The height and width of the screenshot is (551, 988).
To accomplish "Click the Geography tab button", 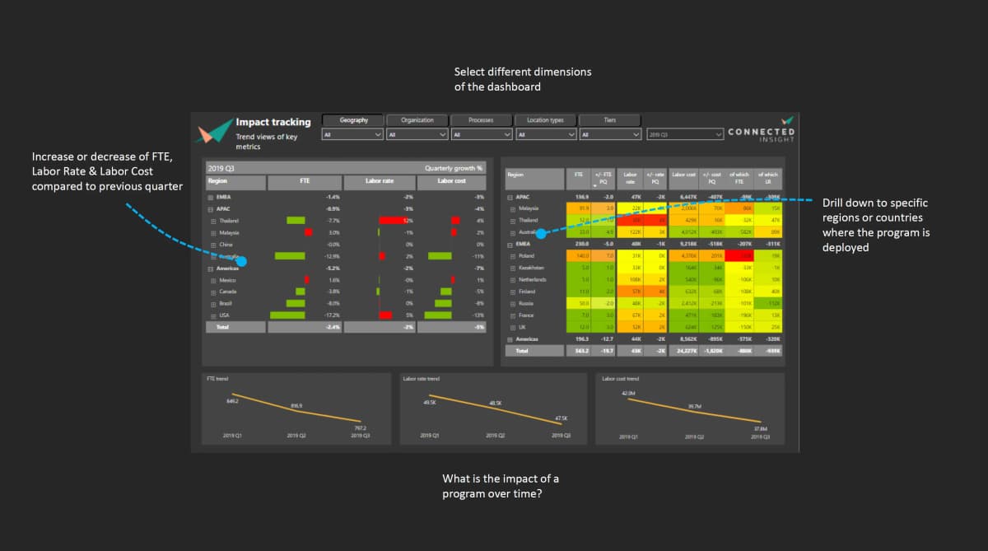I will point(352,120).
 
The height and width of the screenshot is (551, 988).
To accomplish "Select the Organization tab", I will point(417,120).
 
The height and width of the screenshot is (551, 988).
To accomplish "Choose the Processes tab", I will point(482,120).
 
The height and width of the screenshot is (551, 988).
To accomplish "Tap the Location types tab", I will point(545,120).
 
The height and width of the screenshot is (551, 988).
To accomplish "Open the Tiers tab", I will point(610,120).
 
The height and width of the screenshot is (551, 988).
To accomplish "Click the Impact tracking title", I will point(273,122).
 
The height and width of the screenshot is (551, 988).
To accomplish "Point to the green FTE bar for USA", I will point(287,315).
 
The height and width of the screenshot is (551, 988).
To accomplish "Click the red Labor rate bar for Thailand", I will point(394,221).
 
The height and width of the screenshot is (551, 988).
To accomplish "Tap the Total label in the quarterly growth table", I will point(222,327).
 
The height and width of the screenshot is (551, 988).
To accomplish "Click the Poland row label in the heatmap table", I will point(527,256).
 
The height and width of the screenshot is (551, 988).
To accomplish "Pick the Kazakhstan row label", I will point(531,268).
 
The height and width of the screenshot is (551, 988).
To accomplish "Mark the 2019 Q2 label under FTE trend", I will point(296,435).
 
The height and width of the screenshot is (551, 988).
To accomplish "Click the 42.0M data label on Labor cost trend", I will point(629,394).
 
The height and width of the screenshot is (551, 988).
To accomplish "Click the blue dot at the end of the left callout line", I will point(242,260).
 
